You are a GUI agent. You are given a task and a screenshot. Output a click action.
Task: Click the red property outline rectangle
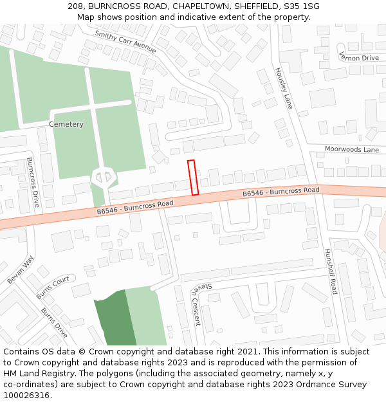[192, 178]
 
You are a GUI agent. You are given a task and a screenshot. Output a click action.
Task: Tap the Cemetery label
[66, 124]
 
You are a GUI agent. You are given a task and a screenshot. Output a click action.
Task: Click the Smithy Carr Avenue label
[125, 42]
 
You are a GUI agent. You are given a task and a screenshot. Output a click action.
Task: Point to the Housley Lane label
[284, 88]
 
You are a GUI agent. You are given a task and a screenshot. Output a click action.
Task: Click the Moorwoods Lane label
[351, 149]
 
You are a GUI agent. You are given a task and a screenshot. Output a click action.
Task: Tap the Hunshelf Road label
[331, 271]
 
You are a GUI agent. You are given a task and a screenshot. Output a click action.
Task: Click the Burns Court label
[53, 288]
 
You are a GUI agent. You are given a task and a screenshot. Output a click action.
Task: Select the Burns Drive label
[54, 322]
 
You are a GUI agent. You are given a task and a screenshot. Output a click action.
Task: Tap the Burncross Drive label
[33, 182]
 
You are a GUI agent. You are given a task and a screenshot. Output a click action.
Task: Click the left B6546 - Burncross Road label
[135, 207]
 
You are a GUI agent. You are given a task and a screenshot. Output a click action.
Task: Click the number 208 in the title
[75, 6]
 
